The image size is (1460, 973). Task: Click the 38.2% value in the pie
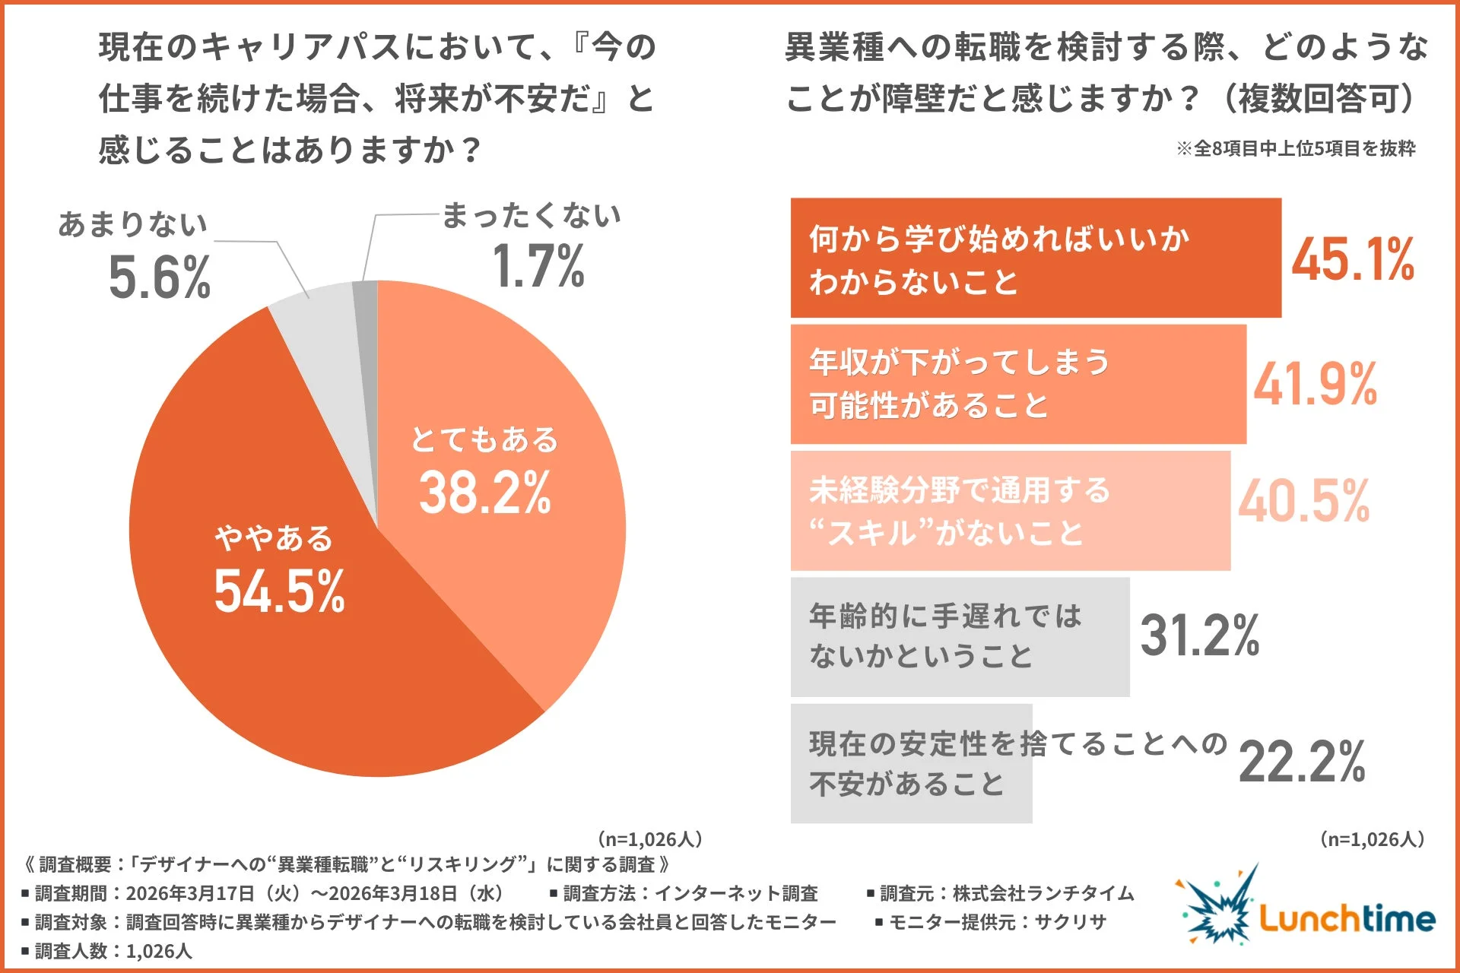[x=484, y=493]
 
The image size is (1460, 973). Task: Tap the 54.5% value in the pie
[x=279, y=591]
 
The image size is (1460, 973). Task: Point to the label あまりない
[x=133, y=224]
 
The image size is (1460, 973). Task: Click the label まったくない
[x=531, y=216]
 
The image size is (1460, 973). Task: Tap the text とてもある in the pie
[x=484, y=439]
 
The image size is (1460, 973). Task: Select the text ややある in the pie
[x=274, y=538]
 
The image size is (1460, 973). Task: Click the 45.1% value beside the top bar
[x=1353, y=260]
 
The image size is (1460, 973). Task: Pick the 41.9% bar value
[x=1316, y=385]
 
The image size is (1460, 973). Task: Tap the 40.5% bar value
[x=1303, y=502]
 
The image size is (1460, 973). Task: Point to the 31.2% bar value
[x=1200, y=635]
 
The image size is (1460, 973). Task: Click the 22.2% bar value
[x=1302, y=762]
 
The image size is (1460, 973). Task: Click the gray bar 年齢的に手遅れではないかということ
[x=960, y=637]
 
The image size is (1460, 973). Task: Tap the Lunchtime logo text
[x=1346, y=918]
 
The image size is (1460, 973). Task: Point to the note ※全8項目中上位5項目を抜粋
[x=1296, y=148]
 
